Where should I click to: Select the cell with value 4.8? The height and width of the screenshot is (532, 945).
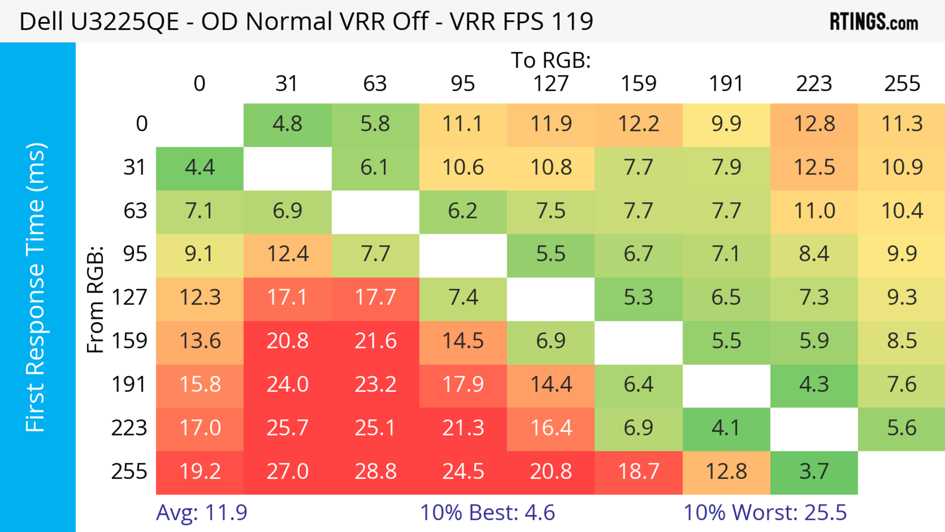click(x=287, y=124)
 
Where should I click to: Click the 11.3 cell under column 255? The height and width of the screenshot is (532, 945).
click(x=901, y=124)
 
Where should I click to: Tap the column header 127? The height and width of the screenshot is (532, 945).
click(x=551, y=84)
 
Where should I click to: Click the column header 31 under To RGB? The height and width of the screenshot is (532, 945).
click(x=286, y=84)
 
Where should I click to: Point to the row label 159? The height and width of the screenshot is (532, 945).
click(x=129, y=341)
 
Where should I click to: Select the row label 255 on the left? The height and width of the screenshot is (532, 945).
click(x=129, y=471)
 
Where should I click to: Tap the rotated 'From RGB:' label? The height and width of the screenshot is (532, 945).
click(x=95, y=299)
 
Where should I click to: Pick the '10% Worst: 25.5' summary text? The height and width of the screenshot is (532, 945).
click(x=765, y=513)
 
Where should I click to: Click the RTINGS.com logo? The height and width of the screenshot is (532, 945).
click(x=874, y=22)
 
